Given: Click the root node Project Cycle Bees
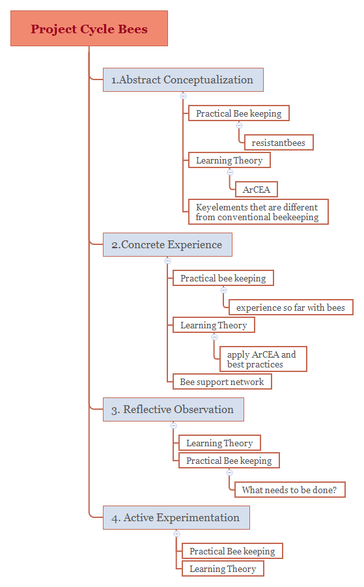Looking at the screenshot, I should (89, 29).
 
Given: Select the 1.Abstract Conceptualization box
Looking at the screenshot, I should (183, 80).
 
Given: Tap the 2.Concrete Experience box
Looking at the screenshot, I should (167, 245).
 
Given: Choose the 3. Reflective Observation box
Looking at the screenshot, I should (173, 410).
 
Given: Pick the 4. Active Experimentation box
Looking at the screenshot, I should (176, 518).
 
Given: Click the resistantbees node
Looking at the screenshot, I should (279, 143).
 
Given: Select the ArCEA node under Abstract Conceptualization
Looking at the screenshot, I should (257, 190).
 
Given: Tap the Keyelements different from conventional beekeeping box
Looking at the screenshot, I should (258, 212).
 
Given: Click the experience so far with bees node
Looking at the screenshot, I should (290, 307).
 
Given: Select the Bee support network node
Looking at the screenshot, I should (222, 382).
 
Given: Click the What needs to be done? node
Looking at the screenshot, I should (290, 490).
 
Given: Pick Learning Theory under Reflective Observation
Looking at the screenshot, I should (219, 443).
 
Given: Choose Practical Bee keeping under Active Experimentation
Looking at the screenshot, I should (232, 551).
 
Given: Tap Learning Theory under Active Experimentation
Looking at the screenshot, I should (223, 569).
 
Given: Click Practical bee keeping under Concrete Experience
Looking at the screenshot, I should (223, 278).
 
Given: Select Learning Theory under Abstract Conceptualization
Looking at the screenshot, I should (229, 160).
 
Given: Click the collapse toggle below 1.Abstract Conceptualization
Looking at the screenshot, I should (183, 96).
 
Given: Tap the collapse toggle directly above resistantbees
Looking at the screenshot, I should (239, 124).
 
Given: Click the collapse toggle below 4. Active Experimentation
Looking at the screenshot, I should (176, 534).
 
